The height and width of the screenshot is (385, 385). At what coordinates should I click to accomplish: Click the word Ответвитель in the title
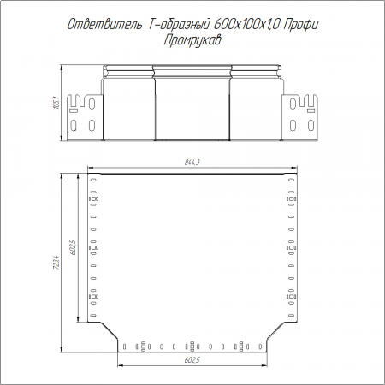(104, 25)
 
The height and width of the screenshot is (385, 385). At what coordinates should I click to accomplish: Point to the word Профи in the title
(301, 25)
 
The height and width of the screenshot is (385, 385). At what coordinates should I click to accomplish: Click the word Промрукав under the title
(192, 40)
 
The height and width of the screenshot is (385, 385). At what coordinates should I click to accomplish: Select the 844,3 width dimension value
(192, 163)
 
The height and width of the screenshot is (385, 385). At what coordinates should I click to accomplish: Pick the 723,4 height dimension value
(56, 263)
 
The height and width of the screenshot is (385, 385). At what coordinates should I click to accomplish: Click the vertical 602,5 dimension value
(73, 247)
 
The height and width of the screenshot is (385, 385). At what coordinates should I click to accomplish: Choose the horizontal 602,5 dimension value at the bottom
(192, 360)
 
